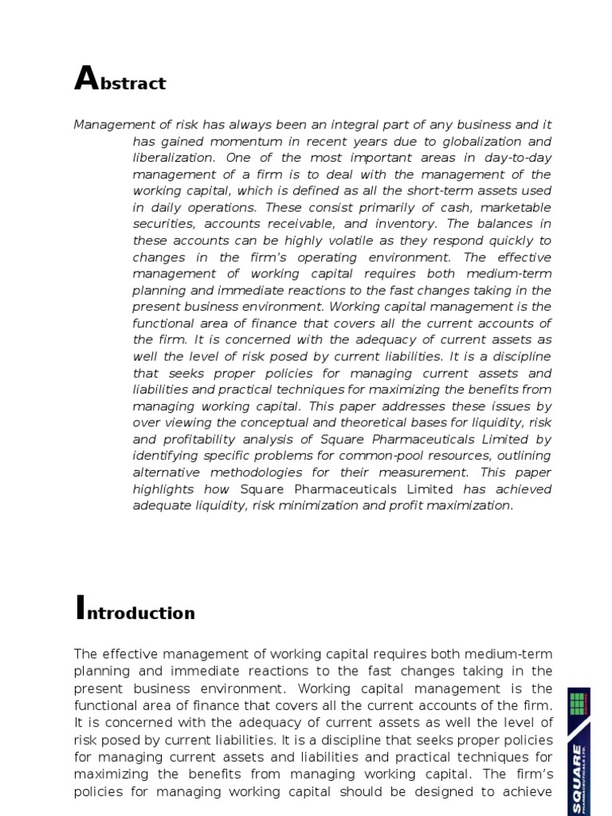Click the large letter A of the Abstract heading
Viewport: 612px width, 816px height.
pyautogui.click(x=84, y=79)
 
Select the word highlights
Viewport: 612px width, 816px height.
pyautogui.click(x=162, y=488)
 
